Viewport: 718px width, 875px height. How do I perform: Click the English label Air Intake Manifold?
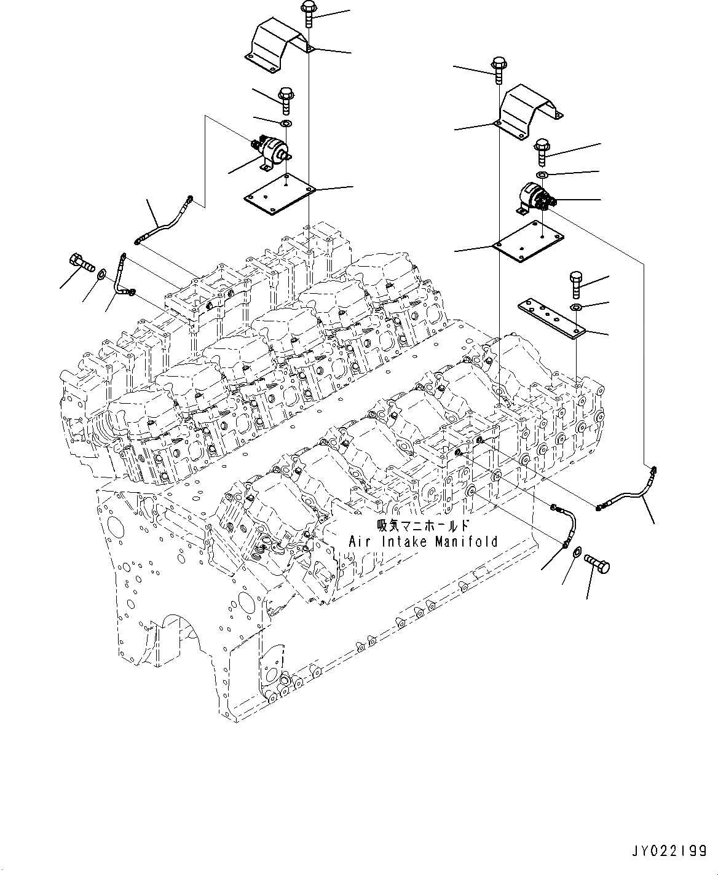423,542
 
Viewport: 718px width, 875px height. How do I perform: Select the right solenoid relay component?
534,198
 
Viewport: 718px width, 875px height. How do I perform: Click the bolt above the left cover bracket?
307,15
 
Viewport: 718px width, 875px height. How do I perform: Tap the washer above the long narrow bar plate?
577,307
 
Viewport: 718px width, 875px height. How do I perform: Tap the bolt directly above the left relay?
285,100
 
